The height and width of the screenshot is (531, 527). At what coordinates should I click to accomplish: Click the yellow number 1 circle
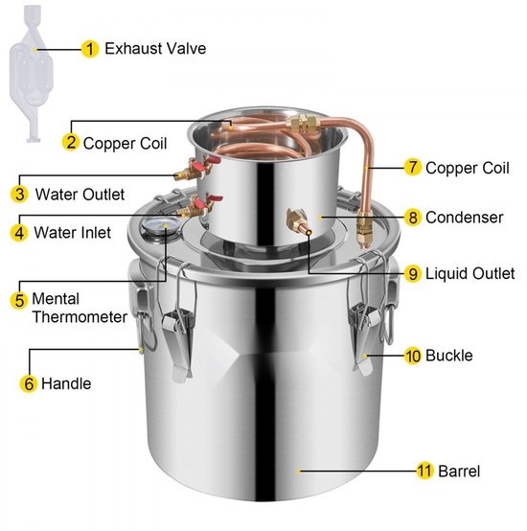(90, 49)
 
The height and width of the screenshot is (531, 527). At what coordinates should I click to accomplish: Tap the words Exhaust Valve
(155, 49)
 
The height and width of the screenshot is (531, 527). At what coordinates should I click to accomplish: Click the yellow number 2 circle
(70, 142)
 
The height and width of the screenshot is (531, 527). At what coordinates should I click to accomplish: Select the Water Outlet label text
(80, 195)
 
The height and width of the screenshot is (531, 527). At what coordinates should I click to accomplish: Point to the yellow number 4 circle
(19, 233)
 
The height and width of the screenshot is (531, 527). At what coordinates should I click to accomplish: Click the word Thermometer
(80, 317)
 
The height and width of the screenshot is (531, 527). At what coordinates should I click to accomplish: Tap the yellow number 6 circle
(29, 383)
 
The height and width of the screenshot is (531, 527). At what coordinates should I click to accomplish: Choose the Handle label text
(66, 383)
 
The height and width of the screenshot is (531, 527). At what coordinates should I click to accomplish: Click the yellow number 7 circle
(413, 167)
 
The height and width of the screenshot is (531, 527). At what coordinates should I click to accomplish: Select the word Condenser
(465, 218)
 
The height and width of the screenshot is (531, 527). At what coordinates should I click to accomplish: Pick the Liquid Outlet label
(470, 273)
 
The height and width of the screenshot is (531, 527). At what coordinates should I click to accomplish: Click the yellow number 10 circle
(413, 356)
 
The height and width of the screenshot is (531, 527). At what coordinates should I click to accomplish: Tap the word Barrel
(459, 471)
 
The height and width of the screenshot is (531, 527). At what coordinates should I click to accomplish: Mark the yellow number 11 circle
(424, 471)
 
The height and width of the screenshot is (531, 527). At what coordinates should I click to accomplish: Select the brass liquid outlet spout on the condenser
(298, 222)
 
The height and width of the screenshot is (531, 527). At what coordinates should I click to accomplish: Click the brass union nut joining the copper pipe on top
(304, 123)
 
